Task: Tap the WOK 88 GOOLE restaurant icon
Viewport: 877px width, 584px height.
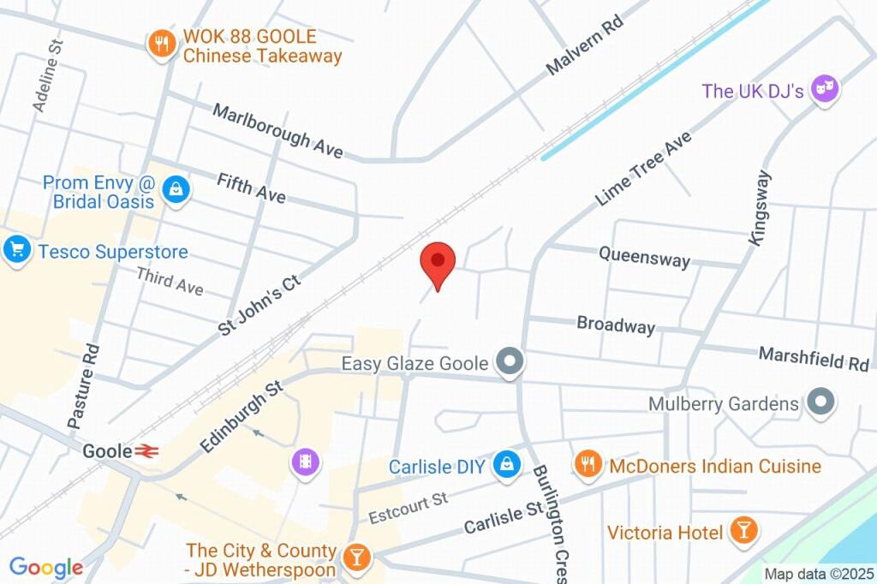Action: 160,45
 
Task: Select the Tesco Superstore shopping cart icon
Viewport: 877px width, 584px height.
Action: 16,250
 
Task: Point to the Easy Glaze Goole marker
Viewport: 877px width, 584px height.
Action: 511,363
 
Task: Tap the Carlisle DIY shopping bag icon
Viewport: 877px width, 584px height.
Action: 508,466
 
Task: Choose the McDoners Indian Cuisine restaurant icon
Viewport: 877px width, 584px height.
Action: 587,465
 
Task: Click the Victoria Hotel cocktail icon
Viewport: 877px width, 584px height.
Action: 743,531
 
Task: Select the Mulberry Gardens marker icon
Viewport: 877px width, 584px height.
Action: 821,402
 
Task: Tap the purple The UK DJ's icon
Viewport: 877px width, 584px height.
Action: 825,89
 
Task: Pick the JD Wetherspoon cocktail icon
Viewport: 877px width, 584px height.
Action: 354,558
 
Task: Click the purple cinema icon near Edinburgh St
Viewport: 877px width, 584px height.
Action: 305,462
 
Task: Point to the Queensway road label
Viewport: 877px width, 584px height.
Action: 644,256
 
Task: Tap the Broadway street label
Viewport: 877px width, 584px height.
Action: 616,325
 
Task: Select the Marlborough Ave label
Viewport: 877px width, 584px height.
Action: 277,130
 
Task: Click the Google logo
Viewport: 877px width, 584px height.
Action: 45,567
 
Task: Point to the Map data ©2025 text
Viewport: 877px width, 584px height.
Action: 819,574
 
